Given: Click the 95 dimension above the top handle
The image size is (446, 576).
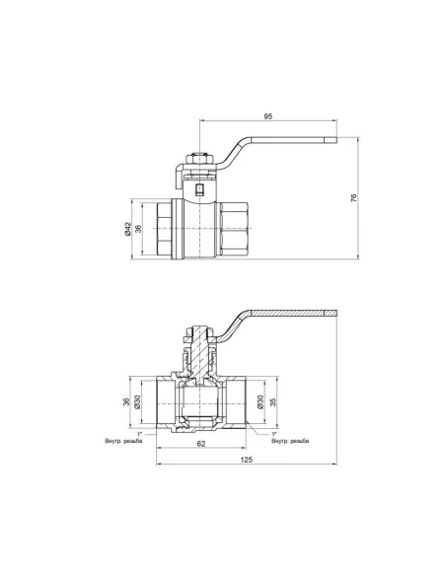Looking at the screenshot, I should (x=268, y=115).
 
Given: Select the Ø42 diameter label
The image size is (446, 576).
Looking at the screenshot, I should (x=127, y=229).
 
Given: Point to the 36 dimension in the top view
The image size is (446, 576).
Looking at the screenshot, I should (x=139, y=229).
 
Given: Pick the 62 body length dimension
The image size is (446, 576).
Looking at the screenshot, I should (x=200, y=445).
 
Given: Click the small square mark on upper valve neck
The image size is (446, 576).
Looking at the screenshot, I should (x=200, y=189).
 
